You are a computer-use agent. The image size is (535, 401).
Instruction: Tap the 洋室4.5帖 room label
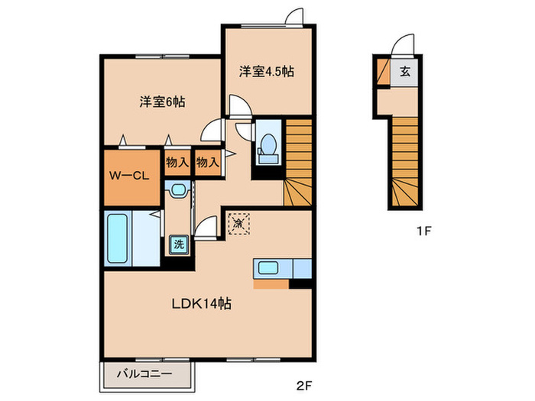(x=267, y=73)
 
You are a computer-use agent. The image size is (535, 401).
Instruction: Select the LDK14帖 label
(x=200, y=303)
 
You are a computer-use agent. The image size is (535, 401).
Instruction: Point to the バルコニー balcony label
(x=144, y=374)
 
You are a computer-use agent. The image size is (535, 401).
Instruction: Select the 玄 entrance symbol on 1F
(x=404, y=73)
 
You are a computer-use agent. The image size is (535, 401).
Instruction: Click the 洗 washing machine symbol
(x=177, y=244)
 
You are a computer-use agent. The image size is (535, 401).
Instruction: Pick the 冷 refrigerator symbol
(x=238, y=225)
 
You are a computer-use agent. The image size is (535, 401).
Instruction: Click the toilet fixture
(x=267, y=144)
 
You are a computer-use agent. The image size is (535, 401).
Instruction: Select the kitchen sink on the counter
(x=268, y=268)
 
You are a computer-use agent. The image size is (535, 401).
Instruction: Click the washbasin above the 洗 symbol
(x=178, y=189)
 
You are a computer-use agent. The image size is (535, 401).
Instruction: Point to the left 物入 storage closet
(x=177, y=162)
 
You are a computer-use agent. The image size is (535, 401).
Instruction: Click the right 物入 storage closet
(x=207, y=162)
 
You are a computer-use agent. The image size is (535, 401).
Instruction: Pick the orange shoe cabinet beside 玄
(x=382, y=73)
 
